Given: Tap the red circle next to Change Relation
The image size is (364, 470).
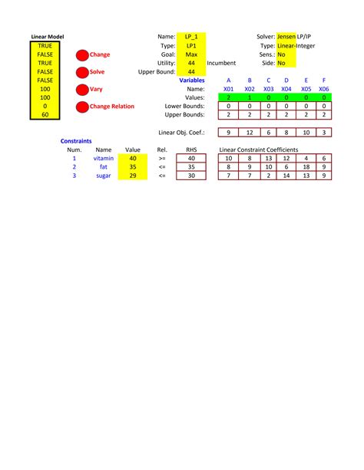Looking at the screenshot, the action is click(x=82, y=107).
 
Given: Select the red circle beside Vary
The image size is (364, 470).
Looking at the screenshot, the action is click(x=82, y=89).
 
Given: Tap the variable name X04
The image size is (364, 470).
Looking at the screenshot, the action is click(x=286, y=89).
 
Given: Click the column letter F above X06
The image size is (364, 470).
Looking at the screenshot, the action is click(x=324, y=80).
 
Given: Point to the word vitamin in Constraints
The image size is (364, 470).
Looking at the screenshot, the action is click(x=104, y=158).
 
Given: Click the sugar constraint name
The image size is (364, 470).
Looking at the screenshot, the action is click(x=104, y=176).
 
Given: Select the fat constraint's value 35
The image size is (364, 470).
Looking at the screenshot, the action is click(x=133, y=166).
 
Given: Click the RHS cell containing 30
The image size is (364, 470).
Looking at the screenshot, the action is click(x=191, y=176).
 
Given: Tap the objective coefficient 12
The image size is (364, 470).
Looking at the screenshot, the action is click(x=249, y=133).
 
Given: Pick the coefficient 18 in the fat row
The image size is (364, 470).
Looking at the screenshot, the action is click(x=306, y=166).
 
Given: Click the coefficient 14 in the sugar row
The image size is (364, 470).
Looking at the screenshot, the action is click(x=286, y=176).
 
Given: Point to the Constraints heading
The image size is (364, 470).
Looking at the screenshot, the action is click(x=76, y=141).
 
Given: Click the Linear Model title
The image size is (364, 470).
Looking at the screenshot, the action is click(x=48, y=37).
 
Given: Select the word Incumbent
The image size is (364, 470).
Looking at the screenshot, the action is click(x=221, y=63).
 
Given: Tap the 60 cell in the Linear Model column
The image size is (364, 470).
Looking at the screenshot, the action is click(x=45, y=115).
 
